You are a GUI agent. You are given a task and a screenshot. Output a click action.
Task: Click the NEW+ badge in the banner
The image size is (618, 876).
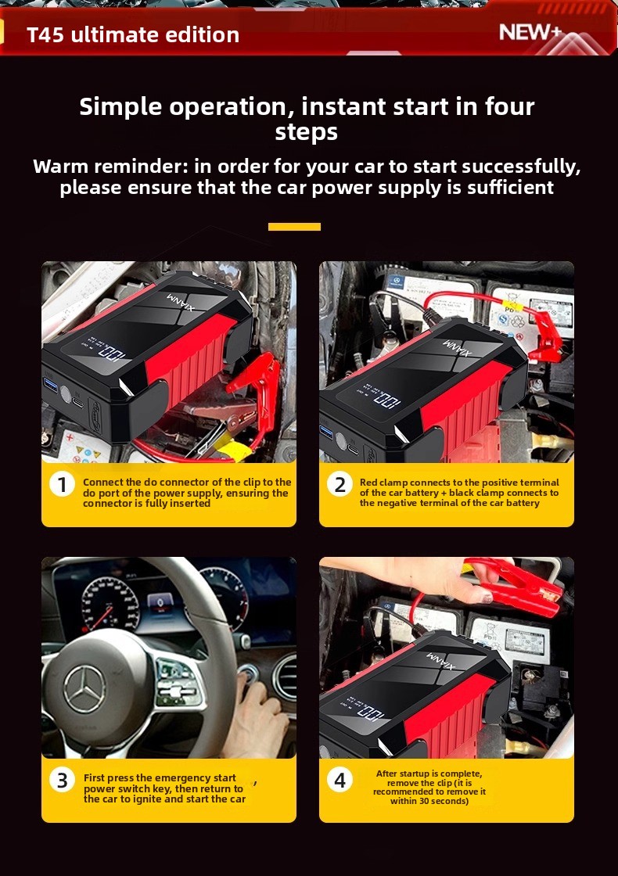(x=530, y=32)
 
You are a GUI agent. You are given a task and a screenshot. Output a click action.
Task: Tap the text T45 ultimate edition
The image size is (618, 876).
(x=133, y=34)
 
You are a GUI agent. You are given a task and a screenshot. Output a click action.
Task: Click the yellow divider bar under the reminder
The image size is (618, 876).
(x=294, y=227)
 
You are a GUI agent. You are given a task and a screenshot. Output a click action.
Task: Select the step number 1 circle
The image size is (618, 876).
(x=62, y=484)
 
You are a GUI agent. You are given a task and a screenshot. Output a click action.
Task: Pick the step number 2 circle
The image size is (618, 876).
(x=340, y=484)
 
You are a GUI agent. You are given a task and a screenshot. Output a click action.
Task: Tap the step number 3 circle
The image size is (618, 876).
(x=62, y=780)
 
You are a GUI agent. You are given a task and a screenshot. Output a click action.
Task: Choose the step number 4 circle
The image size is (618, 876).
(x=340, y=780)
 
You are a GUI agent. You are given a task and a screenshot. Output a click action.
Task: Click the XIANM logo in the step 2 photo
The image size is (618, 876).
(x=458, y=347)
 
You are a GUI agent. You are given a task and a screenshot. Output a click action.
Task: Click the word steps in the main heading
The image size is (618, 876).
(x=306, y=133)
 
